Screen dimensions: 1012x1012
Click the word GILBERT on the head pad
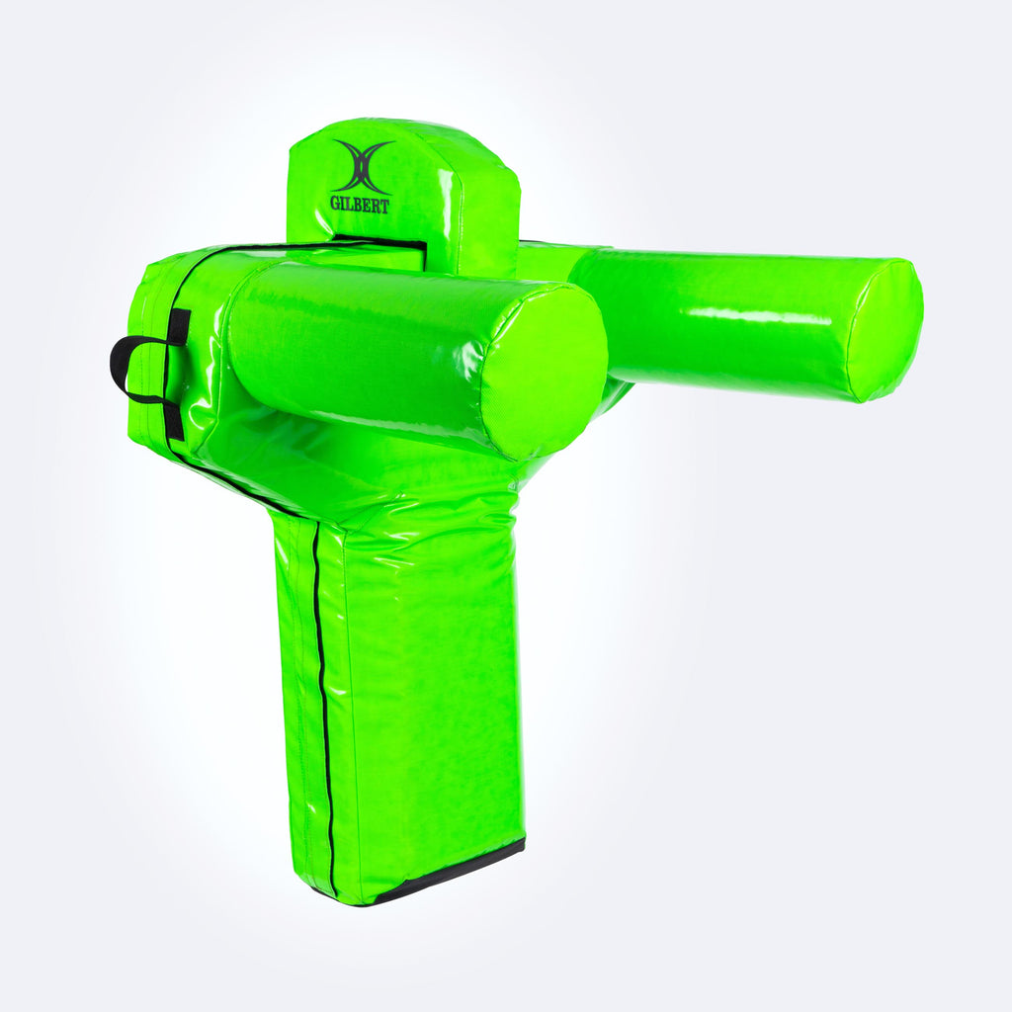pos(360,205)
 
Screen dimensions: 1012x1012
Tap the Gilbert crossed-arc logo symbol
pos(363,166)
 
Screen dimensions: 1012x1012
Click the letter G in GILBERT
pos(335,203)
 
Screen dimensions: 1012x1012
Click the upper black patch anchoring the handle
pos(179,326)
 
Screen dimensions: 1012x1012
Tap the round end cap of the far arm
pos(886,330)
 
